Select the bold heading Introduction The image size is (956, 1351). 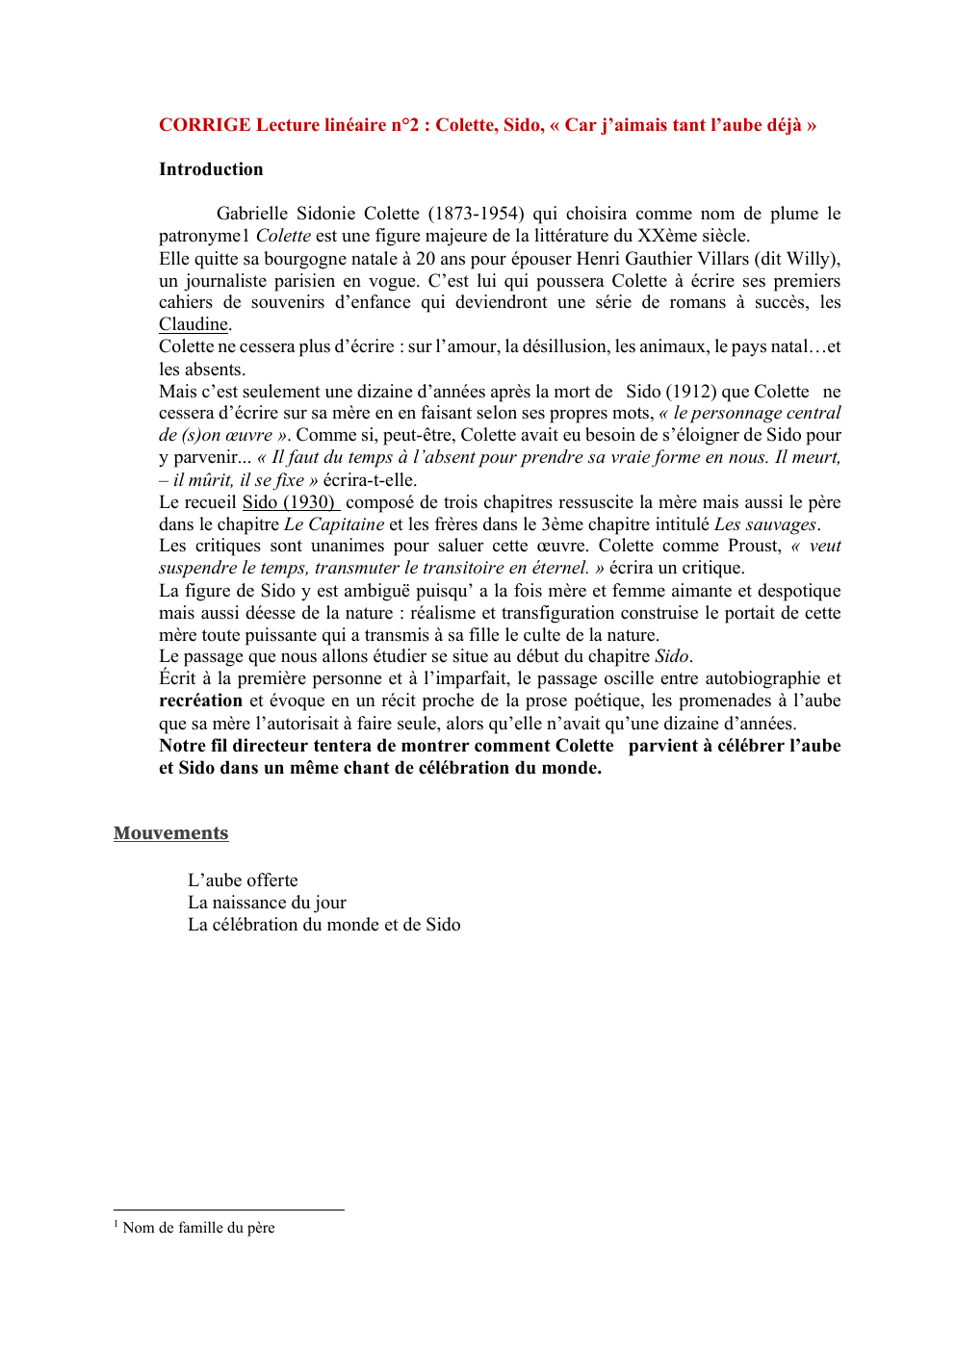click(211, 169)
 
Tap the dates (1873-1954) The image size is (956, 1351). click(476, 214)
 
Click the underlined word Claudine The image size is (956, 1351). click(194, 324)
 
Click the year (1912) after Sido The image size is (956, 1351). click(690, 392)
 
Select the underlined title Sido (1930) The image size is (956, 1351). click(289, 502)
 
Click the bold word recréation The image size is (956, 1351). click(200, 701)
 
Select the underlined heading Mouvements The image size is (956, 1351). click(171, 833)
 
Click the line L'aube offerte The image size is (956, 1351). click(243, 880)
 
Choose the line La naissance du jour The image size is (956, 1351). click(267, 903)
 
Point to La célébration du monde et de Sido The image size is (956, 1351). click(323, 925)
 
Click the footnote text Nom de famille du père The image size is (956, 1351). click(198, 1228)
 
